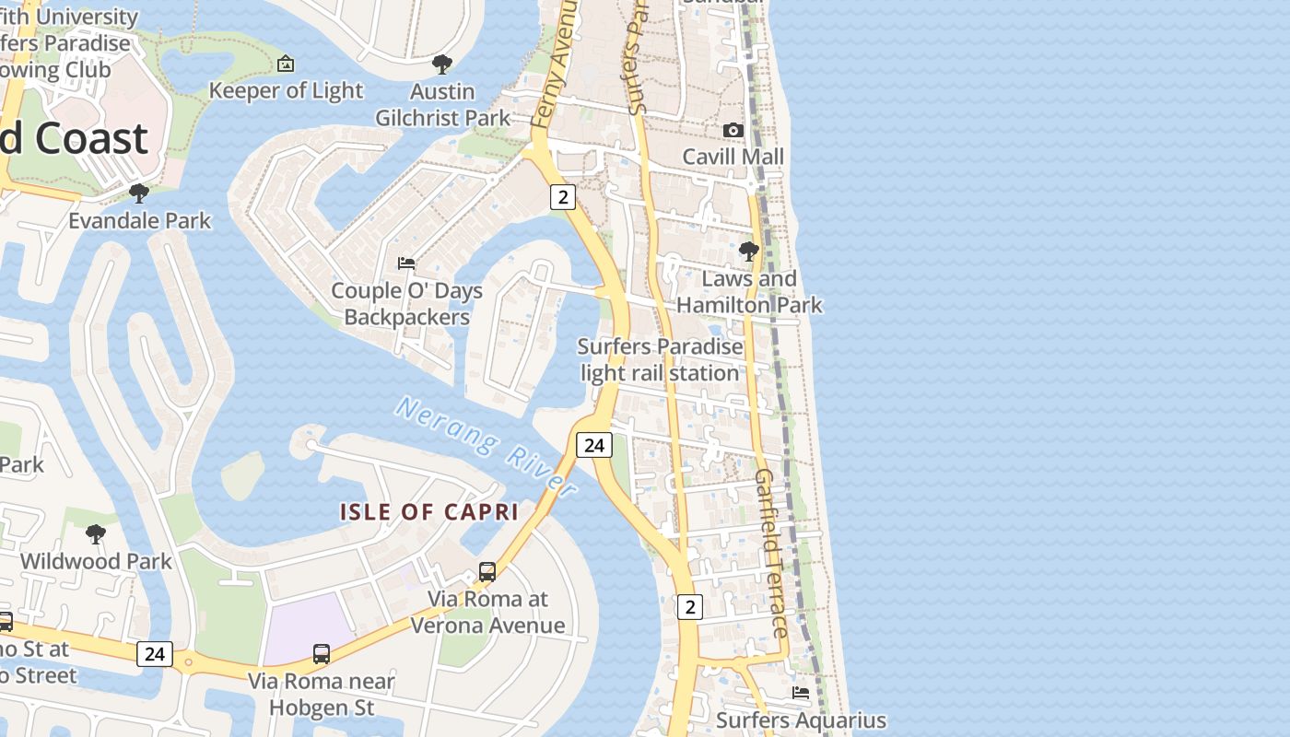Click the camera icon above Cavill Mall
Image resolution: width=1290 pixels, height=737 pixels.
coord(733,130)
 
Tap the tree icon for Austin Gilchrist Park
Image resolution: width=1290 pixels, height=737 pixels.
coord(442,64)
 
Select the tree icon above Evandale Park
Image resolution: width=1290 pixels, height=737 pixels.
coord(139,193)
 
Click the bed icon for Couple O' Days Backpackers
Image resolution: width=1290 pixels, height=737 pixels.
coord(406,263)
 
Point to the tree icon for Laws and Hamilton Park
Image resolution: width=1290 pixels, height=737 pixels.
coord(749,251)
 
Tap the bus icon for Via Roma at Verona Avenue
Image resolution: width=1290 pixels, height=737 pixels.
coord(487,572)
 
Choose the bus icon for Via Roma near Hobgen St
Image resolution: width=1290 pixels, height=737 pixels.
coord(322,654)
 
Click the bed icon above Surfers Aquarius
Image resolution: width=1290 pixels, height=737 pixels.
coord(801,693)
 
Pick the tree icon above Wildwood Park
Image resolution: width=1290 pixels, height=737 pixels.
coord(95,534)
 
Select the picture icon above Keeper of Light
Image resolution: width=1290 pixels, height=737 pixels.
coord(286,64)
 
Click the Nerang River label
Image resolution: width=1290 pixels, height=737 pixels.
coord(486,446)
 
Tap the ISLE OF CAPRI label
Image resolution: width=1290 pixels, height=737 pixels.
coord(429,512)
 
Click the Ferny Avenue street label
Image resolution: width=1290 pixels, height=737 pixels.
coord(555,64)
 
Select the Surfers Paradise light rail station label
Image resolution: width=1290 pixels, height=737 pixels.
coord(660,360)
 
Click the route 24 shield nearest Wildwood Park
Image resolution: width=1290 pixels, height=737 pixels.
coord(154,654)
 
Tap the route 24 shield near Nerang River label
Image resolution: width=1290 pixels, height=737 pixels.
coord(594,445)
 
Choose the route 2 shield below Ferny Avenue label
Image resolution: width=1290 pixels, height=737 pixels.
coord(563,196)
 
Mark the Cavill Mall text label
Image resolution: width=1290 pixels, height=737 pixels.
coord(733,157)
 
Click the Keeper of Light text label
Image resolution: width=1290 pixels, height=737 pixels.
coord(287,90)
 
